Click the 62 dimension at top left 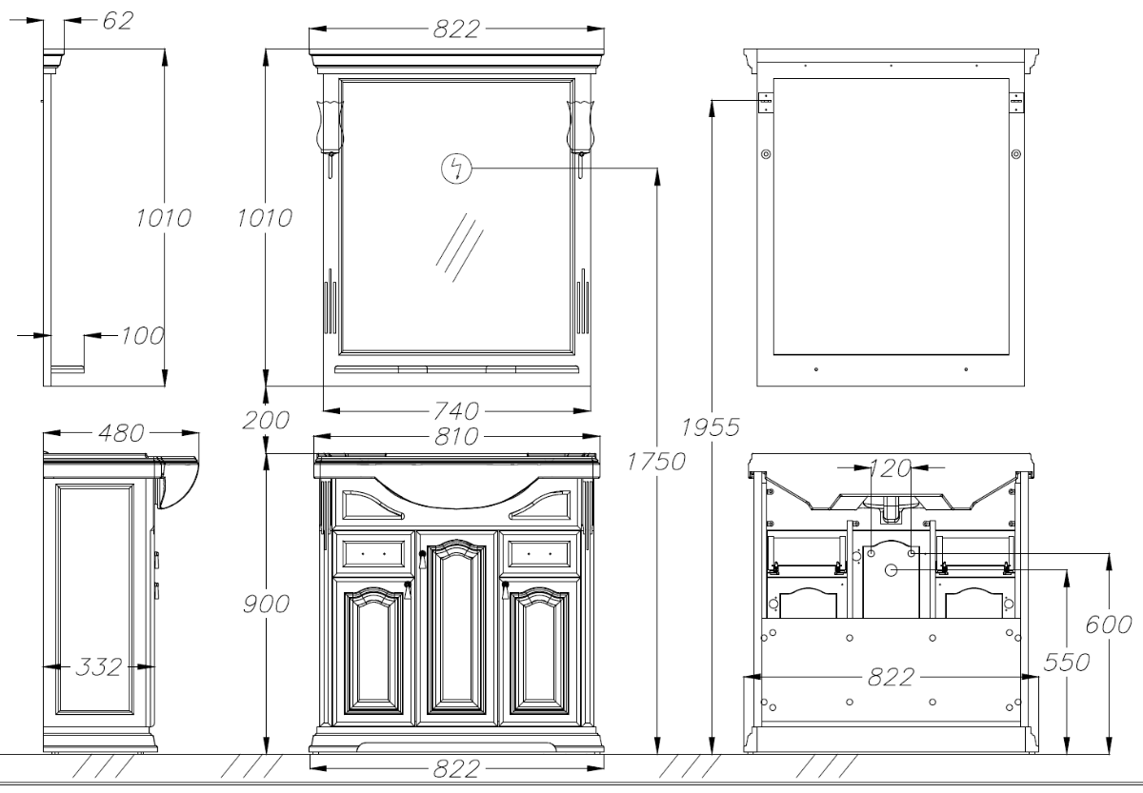point(118,20)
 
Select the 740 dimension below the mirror point(456,410)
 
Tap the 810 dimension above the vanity point(456,437)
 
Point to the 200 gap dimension point(266,420)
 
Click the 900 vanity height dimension point(266,605)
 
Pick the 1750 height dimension point(656,462)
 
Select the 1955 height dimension point(711,427)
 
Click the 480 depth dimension point(122,433)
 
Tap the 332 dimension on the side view point(99,666)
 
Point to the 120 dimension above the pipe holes point(890,468)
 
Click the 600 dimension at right point(1109,624)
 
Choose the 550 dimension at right point(1067,663)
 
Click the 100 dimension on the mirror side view point(142,335)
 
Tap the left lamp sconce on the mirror point(331,133)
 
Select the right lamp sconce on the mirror point(581,133)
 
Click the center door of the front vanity point(456,628)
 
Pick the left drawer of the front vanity point(374,554)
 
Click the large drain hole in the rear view point(891,570)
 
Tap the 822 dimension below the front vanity point(456,769)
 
